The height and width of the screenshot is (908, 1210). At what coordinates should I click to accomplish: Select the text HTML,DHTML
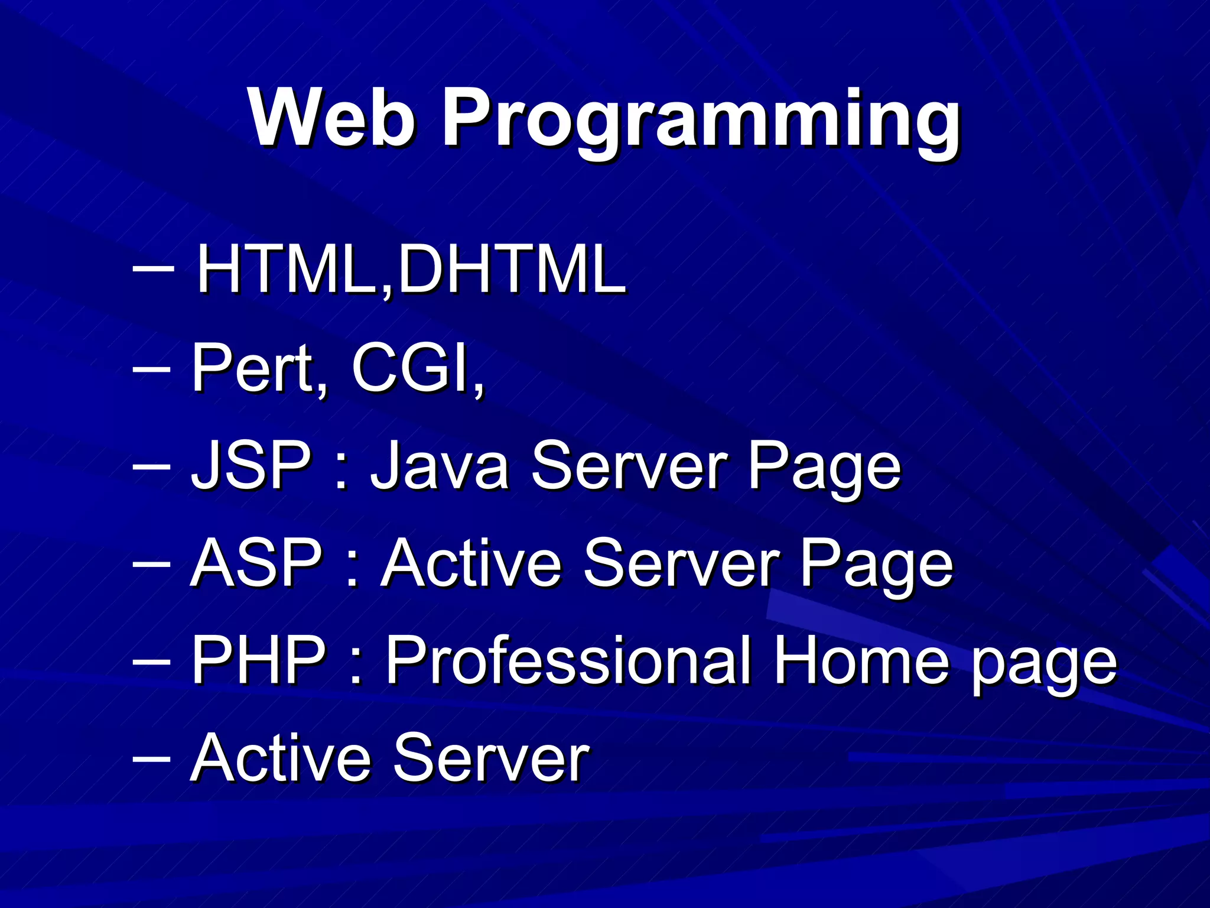click(x=411, y=269)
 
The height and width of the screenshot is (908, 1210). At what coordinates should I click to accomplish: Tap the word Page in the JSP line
click(x=824, y=467)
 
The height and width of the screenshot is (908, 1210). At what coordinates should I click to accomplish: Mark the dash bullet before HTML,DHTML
click(x=153, y=267)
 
